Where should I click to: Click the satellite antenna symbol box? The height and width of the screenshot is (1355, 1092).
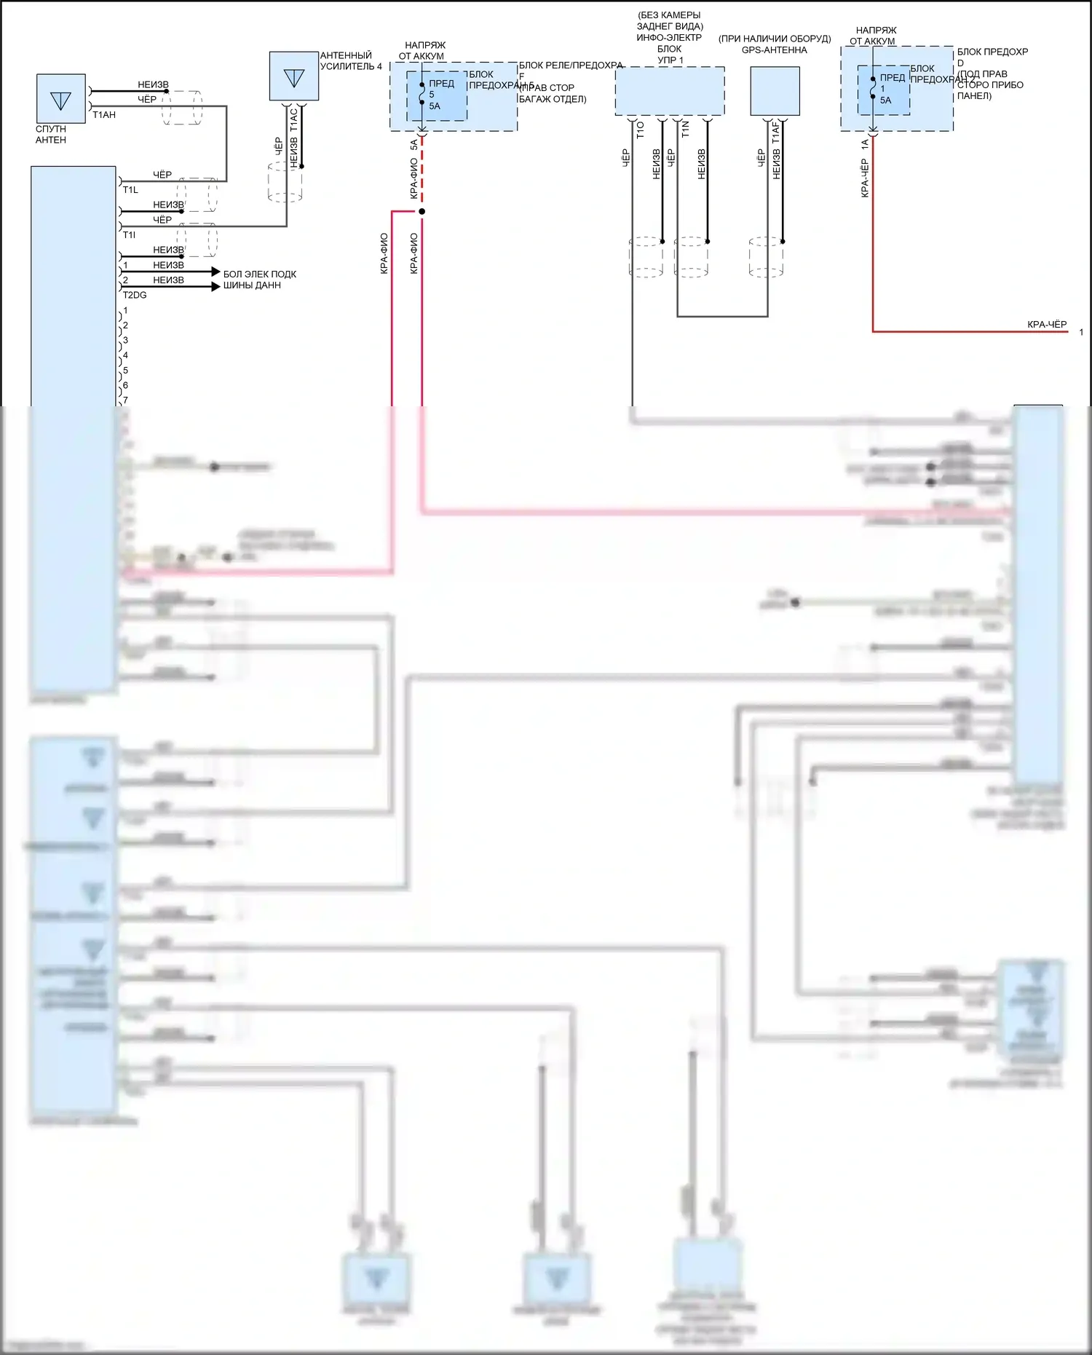point(61,99)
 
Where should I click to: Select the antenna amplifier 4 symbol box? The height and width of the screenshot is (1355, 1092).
point(293,76)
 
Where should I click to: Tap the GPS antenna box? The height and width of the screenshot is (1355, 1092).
point(775,91)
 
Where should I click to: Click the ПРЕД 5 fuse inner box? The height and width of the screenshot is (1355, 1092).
point(436,95)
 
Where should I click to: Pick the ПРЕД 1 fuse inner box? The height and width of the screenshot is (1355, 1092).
point(883,90)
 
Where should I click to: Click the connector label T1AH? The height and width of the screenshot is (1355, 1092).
point(104,115)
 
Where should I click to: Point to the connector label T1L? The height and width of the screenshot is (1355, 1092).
point(130,190)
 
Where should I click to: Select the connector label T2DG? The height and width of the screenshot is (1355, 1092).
point(135,295)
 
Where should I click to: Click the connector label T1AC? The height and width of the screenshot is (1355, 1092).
point(294,119)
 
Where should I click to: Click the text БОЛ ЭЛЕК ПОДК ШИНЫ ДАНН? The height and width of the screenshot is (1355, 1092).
point(259,280)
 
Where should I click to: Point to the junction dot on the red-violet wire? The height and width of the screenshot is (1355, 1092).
point(422,211)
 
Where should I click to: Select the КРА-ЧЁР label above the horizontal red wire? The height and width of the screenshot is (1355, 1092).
point(1047,325)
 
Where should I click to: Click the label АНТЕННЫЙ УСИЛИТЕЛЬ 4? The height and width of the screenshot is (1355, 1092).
point(350,61)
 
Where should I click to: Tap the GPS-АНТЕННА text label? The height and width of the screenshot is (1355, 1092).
point(775,50)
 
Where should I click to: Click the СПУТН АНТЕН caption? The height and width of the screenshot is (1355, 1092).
point(51,135)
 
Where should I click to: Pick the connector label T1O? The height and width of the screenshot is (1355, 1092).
point(641,130)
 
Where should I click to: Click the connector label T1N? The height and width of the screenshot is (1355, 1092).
point(685,130)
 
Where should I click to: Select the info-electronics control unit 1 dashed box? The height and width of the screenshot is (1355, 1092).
point(669,91)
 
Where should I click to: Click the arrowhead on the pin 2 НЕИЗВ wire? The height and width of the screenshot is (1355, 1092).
point(215,287)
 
